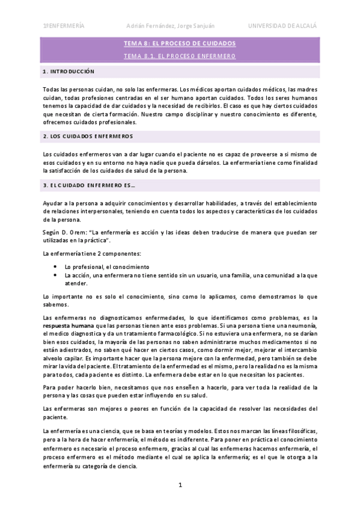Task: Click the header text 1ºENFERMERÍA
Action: [x=63, y=25]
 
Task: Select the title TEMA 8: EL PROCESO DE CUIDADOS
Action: [x=179, y=44]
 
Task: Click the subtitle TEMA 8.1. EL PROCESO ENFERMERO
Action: [x=179, y=56]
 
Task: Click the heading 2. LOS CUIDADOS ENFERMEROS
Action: [x=88, y=137]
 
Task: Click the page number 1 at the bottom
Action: [x=180, y=485]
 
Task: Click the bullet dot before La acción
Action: [x=55, y=275]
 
